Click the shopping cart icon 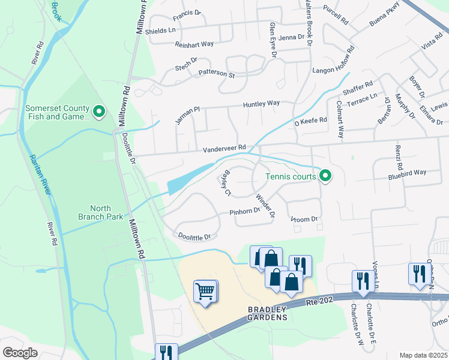pos(205,292)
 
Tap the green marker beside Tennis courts pos(325,175)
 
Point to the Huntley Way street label pos(261,104)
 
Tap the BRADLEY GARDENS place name pos(268,316)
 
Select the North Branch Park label pos(101,212)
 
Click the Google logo pos(20,352)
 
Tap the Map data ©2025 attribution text pos(423,355)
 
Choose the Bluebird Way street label pos(406,172)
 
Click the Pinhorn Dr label pos(244,211)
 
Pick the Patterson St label pos(216,74)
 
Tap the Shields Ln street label pos(163,30)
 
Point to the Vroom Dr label pos(304,220)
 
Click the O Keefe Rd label pos(310,121)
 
